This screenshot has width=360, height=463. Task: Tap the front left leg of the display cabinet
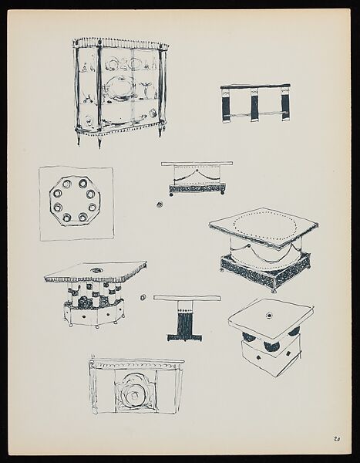point(98,140)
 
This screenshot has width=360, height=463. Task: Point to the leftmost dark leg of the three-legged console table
point(226,106)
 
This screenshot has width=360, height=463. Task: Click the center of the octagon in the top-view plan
point(76,202)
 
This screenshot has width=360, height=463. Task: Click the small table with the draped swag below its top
point(197,178)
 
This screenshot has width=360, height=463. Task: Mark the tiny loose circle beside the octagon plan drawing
point(157,204)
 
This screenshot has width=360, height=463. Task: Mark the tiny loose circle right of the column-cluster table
point(143,296)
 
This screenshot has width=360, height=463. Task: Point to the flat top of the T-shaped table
point(187,298)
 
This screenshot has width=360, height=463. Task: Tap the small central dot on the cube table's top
point(270,315)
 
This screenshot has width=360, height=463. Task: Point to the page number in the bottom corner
point(338,440)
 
